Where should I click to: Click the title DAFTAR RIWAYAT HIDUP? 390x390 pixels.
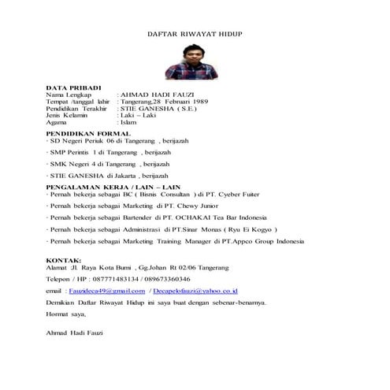(x=195, y=35)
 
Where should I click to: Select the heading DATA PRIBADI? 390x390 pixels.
(x=73, y=87)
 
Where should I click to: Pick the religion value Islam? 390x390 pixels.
(x=128, y=122)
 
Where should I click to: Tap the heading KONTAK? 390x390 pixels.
(x=64, y=259)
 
